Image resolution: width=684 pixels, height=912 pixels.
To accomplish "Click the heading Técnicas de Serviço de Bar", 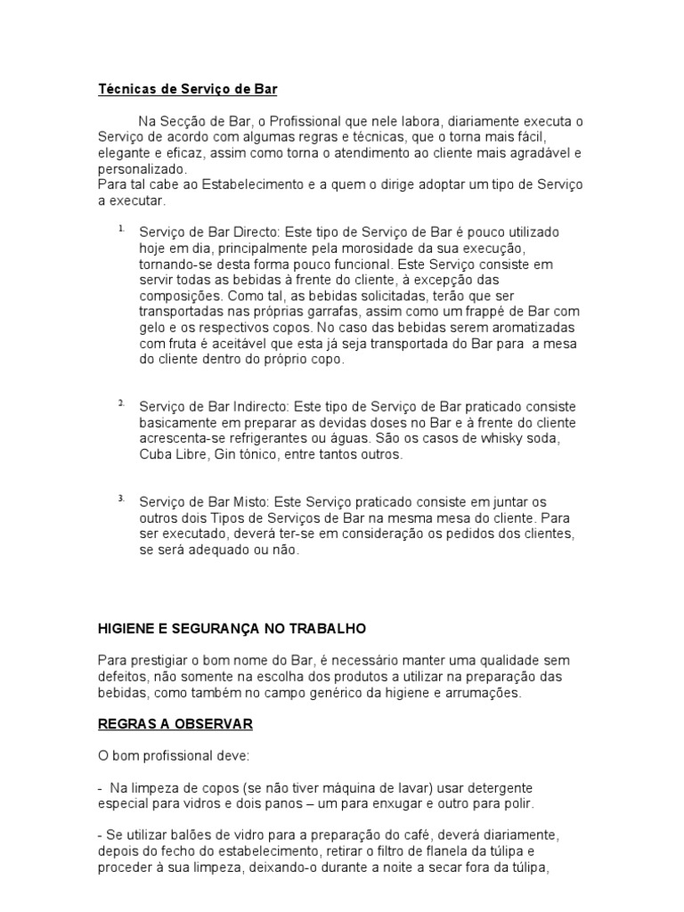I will coord(187,89).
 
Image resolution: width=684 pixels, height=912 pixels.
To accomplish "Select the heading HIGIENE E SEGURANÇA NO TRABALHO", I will coord(232,628).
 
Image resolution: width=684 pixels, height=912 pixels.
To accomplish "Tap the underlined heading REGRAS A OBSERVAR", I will coord(175,724).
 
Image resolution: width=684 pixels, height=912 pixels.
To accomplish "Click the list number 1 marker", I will coord(120,229).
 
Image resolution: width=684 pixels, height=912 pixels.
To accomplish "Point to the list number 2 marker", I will coord(120,403).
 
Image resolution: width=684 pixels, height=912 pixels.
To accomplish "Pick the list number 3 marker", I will coord(120,498).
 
